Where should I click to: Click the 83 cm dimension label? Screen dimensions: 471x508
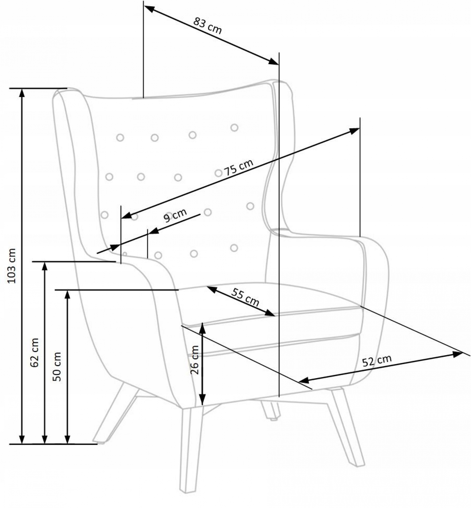[x=207, y=26]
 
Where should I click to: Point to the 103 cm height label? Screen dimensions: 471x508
[x=12, y=265]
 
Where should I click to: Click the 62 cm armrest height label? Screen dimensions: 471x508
[x=34, y=352]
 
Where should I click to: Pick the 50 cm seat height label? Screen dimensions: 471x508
[x=57, y=367]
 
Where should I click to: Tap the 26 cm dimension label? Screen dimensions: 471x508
[x=195, y=360]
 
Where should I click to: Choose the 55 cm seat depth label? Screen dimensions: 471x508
[x=245, y=297]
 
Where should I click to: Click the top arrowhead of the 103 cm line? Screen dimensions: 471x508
[x=21, y=93]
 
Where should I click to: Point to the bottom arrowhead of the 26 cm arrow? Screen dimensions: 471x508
[x=202, y=401]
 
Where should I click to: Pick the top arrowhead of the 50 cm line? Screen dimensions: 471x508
[x=67, y=295]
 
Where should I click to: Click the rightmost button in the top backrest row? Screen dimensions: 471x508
[x=234, y=127]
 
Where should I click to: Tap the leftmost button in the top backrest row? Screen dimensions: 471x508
[x=120, y=137]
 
